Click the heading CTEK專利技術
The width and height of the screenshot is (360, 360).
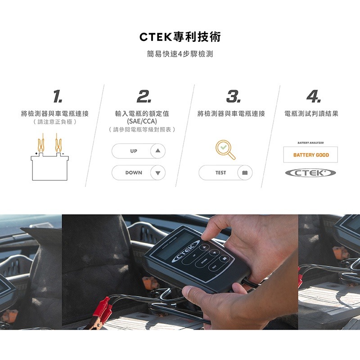(180, 37)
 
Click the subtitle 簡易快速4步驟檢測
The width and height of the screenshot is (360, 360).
(180, 54)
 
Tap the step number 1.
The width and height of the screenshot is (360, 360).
(57, 96)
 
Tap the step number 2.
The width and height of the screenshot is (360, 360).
(144, 96)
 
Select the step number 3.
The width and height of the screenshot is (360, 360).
(233, 96)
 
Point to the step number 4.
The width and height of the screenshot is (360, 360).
(313, 96)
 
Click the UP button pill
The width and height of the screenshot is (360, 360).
(139, 151)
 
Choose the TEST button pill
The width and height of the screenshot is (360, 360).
(225, 173)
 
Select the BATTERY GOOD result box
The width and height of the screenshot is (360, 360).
(311, 155)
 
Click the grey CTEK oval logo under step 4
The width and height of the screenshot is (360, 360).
(311, 173)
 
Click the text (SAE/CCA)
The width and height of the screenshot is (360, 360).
(142, 121)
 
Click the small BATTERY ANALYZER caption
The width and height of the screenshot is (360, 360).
(311, 143)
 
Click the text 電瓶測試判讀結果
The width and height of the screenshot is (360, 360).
(311, 114)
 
